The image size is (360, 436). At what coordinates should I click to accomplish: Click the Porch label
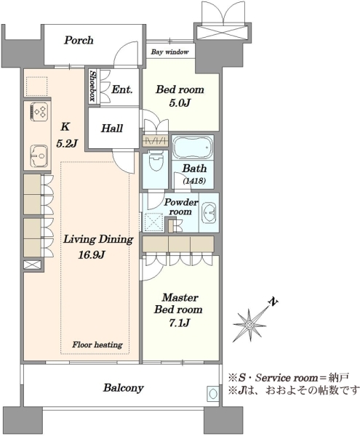pos(79,40)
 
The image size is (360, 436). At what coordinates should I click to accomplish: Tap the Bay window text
pos(169,52)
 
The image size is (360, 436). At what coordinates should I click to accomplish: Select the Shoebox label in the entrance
pos(92,86)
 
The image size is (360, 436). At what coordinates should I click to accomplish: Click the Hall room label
pos(112,128)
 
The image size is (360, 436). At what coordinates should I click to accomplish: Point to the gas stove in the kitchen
pos(39,111)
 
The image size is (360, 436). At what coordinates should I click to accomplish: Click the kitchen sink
pos(39,156)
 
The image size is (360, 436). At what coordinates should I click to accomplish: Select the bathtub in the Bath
pos(193,147)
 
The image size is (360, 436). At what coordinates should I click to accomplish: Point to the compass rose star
pos(249,325)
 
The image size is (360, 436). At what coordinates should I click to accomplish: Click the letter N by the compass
pos(273,302)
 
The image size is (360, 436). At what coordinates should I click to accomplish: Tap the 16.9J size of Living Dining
pos(91,255)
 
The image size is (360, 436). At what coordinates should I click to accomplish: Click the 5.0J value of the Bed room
pos(180,103)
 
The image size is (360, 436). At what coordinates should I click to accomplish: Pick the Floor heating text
pos(97,345)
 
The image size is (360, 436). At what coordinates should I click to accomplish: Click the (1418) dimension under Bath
pos(194,181)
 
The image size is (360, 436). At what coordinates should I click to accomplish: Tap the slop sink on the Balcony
pos(213,393)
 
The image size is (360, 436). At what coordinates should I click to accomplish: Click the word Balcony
pos(124,388)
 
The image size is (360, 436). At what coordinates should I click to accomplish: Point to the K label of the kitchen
pos(65,127)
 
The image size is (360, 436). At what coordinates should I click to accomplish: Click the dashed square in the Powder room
pos(153,222)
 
